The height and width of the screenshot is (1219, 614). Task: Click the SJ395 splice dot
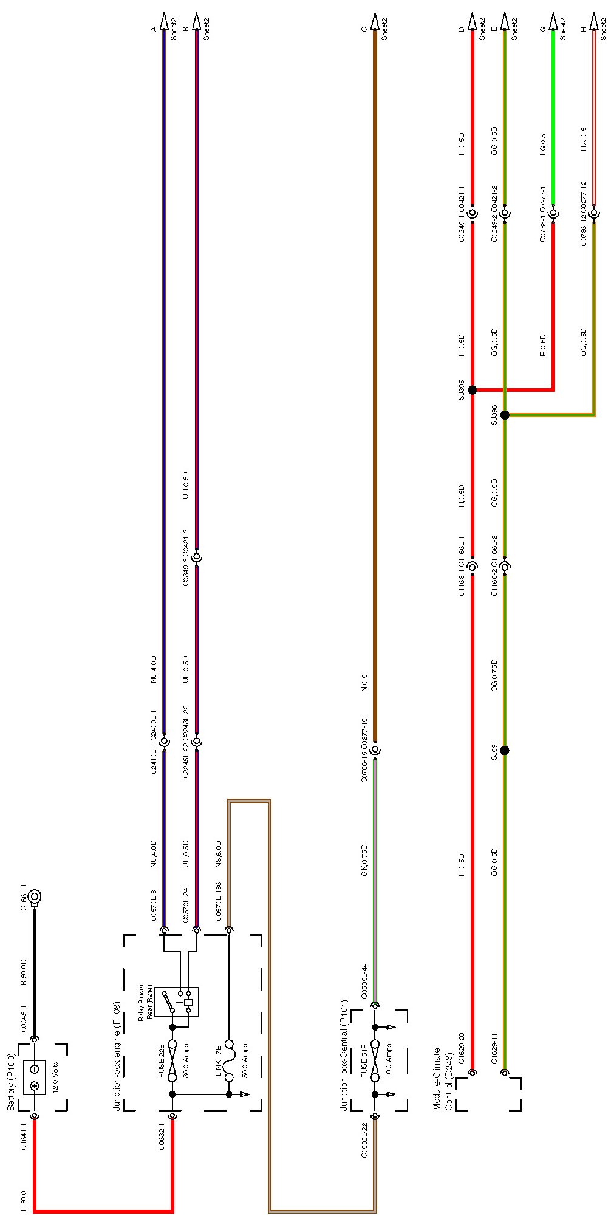coord(472,390)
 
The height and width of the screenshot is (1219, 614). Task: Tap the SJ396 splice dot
coord(505,415)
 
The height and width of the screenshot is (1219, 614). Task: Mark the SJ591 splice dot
coord(505,751)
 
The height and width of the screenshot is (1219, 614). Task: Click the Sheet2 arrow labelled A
coord(163,22)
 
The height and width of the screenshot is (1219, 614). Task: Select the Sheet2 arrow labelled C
coord(375,22)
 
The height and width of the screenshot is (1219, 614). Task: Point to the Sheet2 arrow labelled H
coord(594,22)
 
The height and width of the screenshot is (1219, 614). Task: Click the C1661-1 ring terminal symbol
coord(35,895)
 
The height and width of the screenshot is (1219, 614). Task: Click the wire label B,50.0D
coord(24,972)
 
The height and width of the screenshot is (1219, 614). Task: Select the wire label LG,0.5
coord(543,144)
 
